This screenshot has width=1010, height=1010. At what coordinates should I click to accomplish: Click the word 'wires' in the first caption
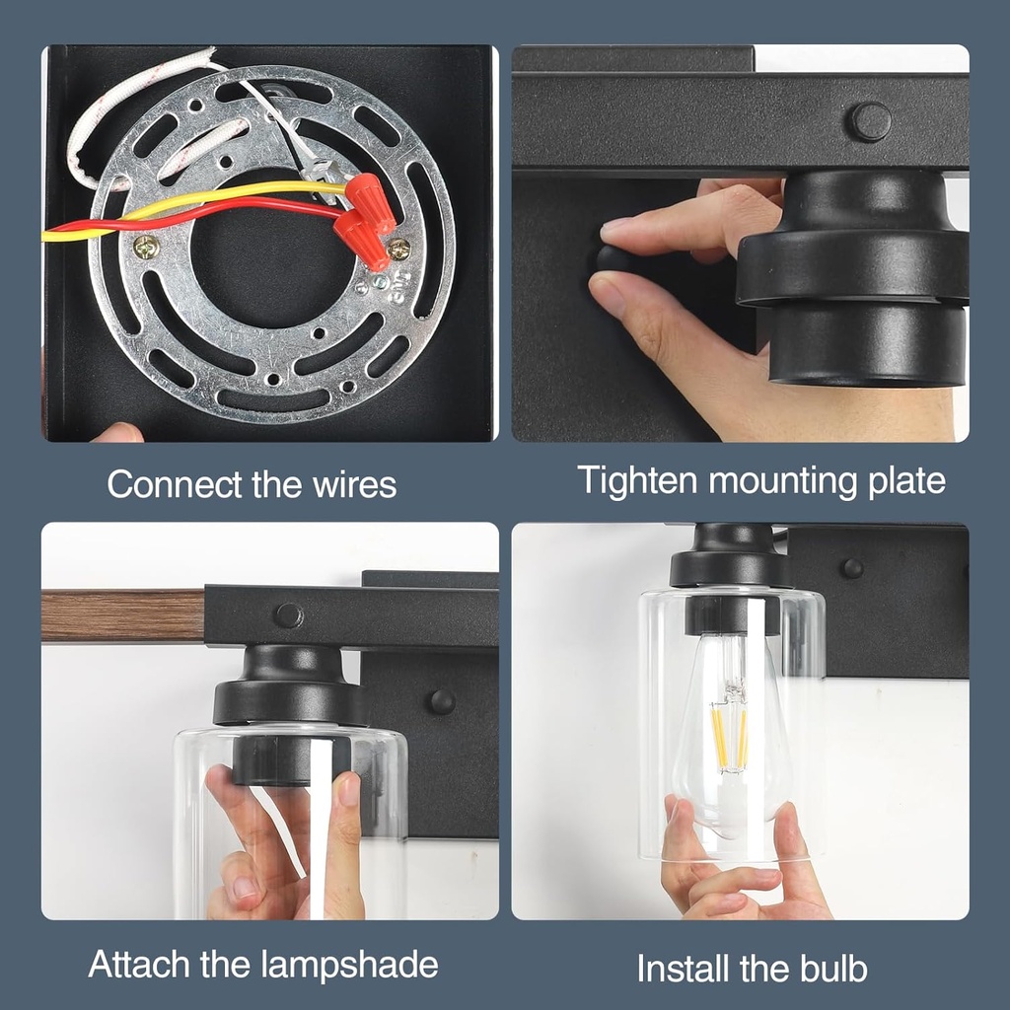[x=355, y=484]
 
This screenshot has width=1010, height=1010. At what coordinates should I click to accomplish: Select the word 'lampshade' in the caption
[x=350, y=965]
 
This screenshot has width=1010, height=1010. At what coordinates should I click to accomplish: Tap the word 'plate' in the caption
[x=907, y=481]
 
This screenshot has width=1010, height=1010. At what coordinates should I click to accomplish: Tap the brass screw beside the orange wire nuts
[x=399, y=249]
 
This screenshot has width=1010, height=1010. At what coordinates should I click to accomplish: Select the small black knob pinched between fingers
[x=611, y=259]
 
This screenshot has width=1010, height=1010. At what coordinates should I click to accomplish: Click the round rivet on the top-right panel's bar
[x=871, y=121]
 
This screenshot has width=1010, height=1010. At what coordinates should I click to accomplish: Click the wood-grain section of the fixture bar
[x=123, y=615]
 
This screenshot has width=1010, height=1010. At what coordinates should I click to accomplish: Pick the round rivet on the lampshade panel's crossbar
[x=289, y=615]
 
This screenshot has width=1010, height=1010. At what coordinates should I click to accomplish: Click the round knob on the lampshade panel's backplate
[x=443, y=701]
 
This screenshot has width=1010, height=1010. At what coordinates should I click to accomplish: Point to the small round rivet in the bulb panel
[x=853, y=567]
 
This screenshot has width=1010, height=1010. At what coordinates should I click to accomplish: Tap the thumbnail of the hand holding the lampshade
[x=348, y=789]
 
